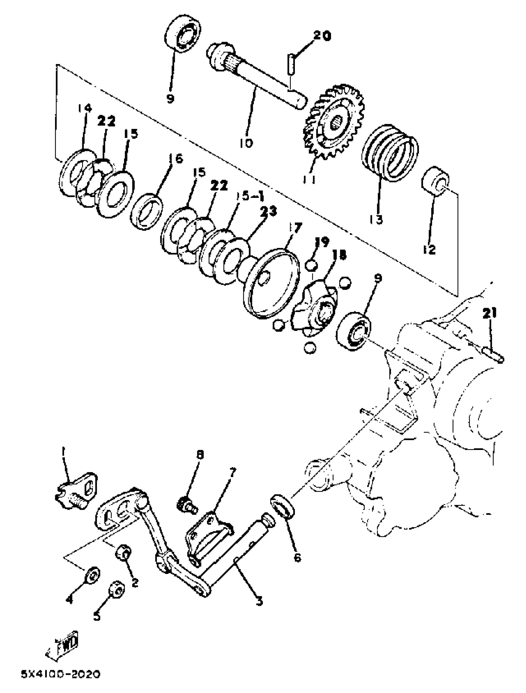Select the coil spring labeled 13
(390, 152)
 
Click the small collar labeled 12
(435, 182)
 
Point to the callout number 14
(85, 108)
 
